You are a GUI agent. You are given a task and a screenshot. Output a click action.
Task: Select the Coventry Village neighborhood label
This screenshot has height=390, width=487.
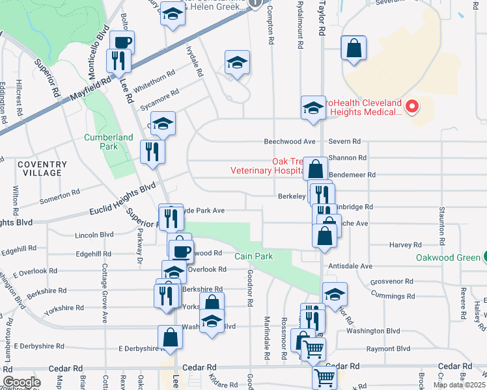click(x=42, y=169)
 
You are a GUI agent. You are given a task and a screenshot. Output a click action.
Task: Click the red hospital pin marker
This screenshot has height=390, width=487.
click(x=411, y=107)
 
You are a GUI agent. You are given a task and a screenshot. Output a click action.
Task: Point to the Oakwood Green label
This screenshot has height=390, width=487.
click(x=446, y=257)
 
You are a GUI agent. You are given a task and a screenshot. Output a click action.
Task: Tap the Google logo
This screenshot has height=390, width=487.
click(x=21, y=382)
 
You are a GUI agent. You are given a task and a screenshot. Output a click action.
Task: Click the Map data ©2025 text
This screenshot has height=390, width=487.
click(x=460, y=385)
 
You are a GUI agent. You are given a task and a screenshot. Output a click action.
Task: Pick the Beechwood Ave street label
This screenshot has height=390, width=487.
click(x=289, y=142)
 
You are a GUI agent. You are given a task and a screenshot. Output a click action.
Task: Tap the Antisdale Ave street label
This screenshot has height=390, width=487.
click(x=350, y=266)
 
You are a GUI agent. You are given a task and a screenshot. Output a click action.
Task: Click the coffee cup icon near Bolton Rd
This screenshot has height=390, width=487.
click(x=122, y=42)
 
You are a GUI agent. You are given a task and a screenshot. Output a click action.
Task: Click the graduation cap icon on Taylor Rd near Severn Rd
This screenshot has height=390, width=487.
click(x=313, y=107)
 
